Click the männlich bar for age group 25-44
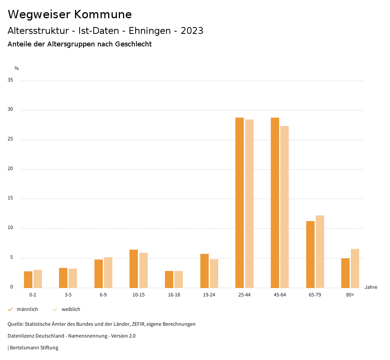pyautogui.click(x=240, y=202)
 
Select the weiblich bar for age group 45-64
pyautogui.click(x=285, y=207)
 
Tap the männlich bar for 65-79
pyautogui.click(x=310, y=254)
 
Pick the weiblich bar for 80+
pyautogui.click(x=355, y=268)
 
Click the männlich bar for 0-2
pyautogui.click(x=28, y=279)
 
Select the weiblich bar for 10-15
pyautogui.click(x=144, y=270)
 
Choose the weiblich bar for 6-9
pyautogui.click(x=108, y=272)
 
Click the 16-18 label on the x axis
pyautogui.click(x=174, y=295)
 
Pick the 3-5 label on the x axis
pyautogui.click(x=68, y=295)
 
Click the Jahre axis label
pyautogui.click(x=371, y=287)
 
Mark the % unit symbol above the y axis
pyautogui.click(x=17, y=68)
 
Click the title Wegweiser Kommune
pyautogui.click(x=70, y=14)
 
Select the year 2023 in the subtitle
pyautogui.click(x=192, y=31)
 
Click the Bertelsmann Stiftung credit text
pyautogui.click(x=34, y=348)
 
